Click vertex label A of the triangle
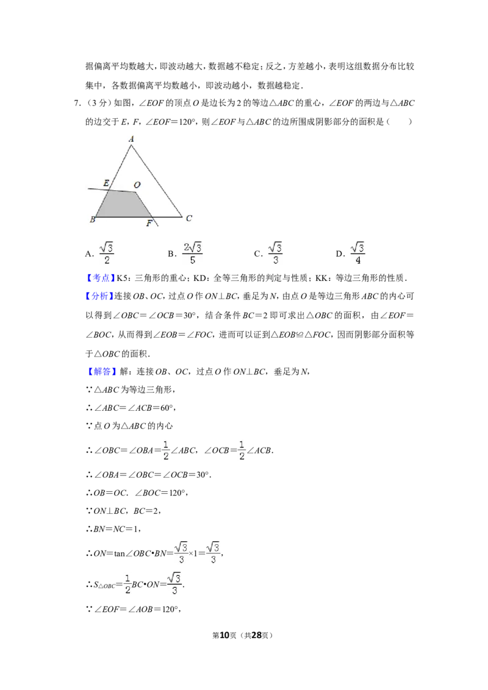click(x=131, y=139)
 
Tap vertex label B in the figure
click(x=93, y=219)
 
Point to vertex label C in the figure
click(x=189, y=218)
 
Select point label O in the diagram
click(x=137, y=185)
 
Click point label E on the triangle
click(x=106, y=183)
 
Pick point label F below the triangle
click(x=149, y=224)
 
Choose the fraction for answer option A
click(x=107, y=253)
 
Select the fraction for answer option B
click(x=193, y=253)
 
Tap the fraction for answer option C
click(x=275, y=253)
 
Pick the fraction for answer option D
click(x=357, y=253)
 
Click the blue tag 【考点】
click(x=100, y=278)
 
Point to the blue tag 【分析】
click(x=100, y=296)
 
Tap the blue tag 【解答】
click(x=100, y=371)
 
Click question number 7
click(x=77, y=103)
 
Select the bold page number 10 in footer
click(x=224, y=635)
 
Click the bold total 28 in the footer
click(x=256, y=635)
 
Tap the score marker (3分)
click(x=97, y=103)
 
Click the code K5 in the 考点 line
click(x=121, y=278)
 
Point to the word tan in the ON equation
click(x=120, y=553)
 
